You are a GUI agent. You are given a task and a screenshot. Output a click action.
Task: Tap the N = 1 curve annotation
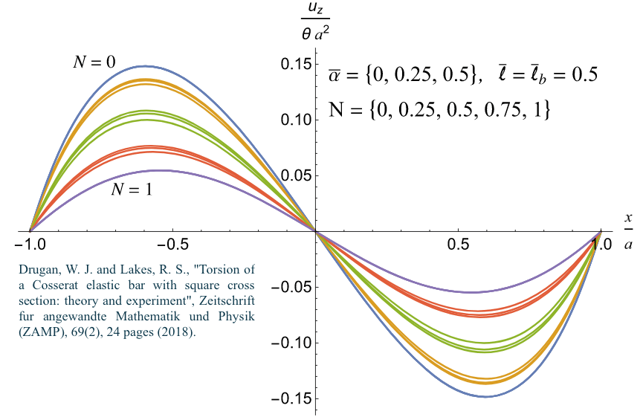[x=132, y=190]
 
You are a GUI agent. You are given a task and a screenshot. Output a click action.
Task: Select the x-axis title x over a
[x=628, y=231]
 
